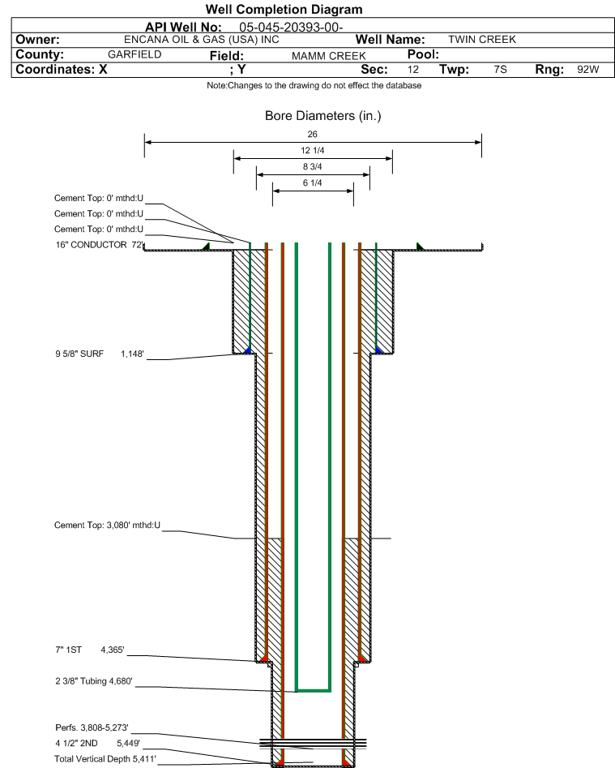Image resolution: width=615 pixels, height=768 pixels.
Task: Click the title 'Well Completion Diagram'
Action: tap(284, 10)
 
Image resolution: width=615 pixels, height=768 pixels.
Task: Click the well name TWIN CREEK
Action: tap(481, 40)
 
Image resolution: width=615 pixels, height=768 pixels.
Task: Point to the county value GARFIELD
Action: tap(135, 54)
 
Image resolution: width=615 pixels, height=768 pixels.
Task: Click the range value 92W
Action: tap(587, 70)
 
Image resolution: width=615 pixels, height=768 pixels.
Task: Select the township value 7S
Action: tap(500, 70)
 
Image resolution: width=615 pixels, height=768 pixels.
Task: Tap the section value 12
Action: tap(413, 70)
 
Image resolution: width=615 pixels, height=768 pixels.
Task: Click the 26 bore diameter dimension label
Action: tap(313, 134)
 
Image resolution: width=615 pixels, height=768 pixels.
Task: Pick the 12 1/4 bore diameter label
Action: tap(313, 151)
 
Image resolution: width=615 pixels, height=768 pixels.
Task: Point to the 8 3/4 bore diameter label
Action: tap(313, 167)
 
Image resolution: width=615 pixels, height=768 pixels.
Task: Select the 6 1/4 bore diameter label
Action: tap(313, 183)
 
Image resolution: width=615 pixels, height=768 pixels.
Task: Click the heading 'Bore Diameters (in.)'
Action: tap(322, 116)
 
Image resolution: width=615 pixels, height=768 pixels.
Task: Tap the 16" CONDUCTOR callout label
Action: tap(98, 244)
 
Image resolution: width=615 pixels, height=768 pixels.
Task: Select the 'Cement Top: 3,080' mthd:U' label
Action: tap(108, 526)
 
